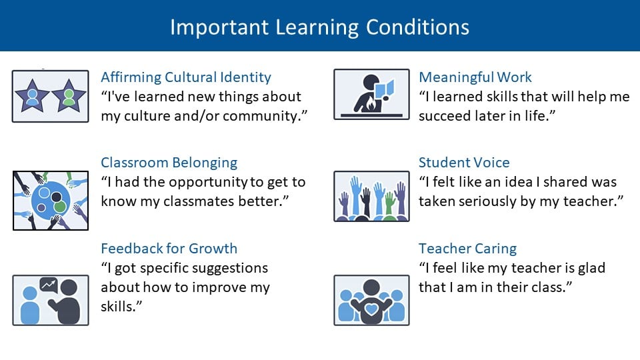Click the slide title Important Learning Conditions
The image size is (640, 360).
click(319, 27)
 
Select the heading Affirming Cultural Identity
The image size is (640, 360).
click(186, 77)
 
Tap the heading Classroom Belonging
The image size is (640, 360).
click(169, 163)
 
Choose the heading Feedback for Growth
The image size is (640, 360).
click(169, 249)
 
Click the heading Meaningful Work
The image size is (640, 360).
click(475, 77)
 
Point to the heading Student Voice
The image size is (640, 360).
click(464, 163)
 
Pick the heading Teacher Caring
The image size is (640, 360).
click(467, 249)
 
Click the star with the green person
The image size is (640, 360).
click(68, 97)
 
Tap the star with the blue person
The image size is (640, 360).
click(32, 97)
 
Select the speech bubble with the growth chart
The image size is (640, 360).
click(48, 285)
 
